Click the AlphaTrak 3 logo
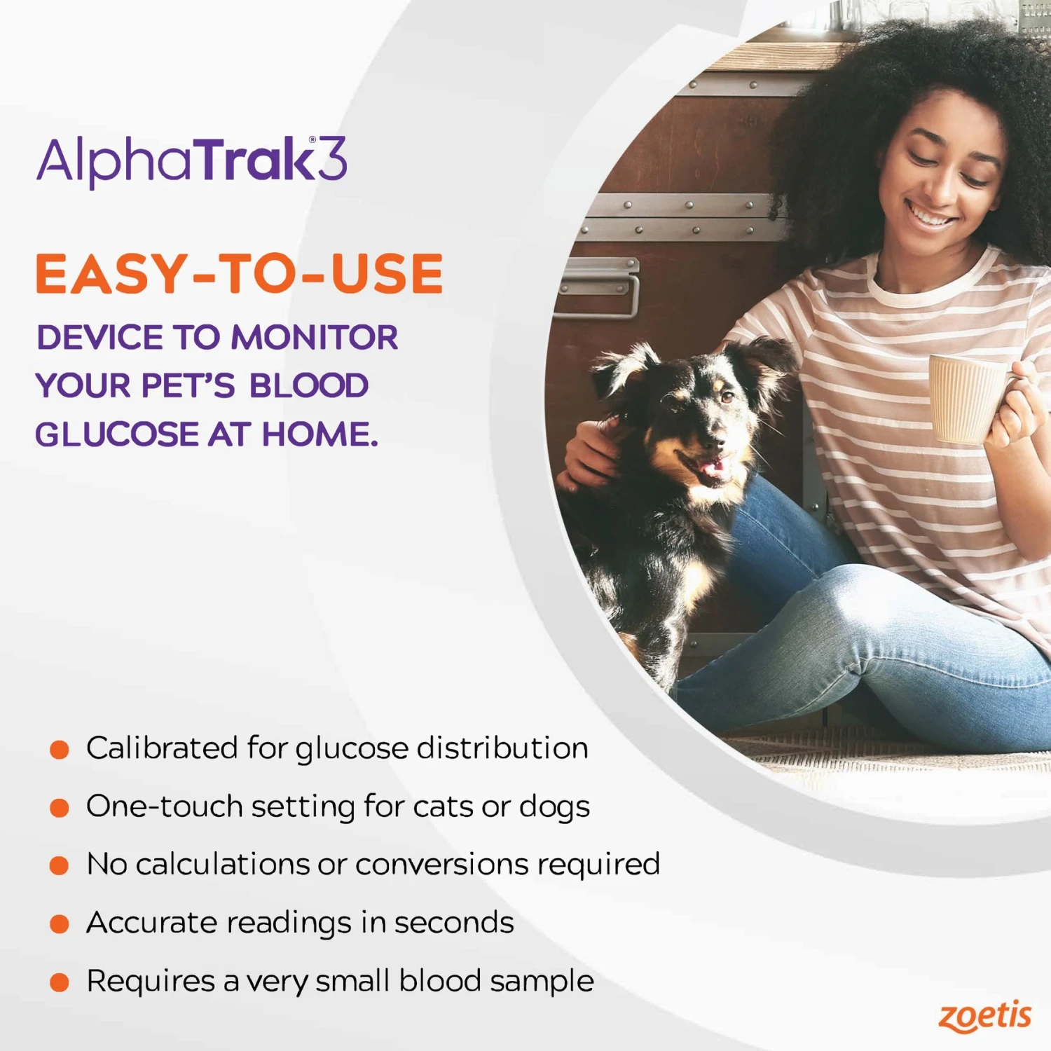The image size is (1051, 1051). [191, 160]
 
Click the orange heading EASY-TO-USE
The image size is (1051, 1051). [239, 274]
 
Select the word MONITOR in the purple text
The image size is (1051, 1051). [315, 338]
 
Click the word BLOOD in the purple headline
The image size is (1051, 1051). [309, 386]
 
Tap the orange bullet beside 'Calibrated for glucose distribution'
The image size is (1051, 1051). [60, 750]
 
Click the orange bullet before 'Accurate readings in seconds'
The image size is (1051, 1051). [60, 923]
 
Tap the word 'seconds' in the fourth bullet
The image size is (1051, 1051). [454, 923]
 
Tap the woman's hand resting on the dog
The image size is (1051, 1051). [589, 455]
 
